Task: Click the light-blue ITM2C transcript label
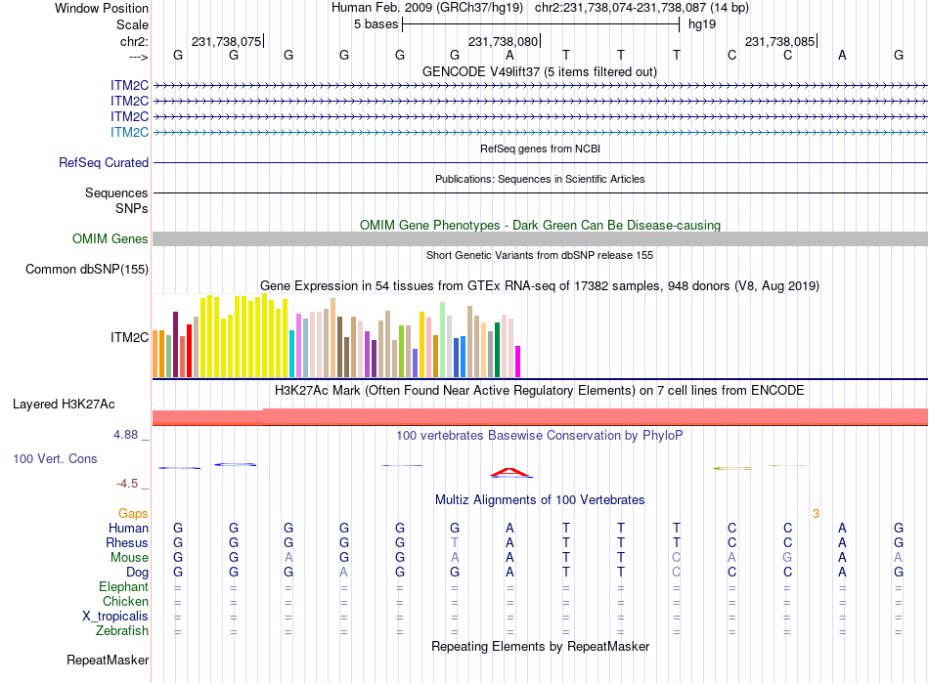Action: click(x=129, y=132)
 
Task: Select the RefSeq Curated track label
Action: click(x=104, y=163)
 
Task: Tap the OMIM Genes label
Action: click(x=111, y=239)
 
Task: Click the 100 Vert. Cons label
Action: click(x=55, y=458)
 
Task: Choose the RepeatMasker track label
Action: click(x=107, y=661)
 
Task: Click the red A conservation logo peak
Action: click(x=510, y=473)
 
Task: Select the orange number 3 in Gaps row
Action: click(x=816, y=513)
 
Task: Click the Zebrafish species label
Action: click(x=122, y=631)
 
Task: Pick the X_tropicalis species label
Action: click(x=115, y=617)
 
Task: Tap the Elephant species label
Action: click(x=123, y=587)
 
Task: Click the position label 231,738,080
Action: click(x=503, y=42)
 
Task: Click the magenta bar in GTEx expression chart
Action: click(x=518, y=362)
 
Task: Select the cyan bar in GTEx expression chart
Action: click(x=292, y=354)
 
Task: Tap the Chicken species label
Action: click(x=125, y=602)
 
